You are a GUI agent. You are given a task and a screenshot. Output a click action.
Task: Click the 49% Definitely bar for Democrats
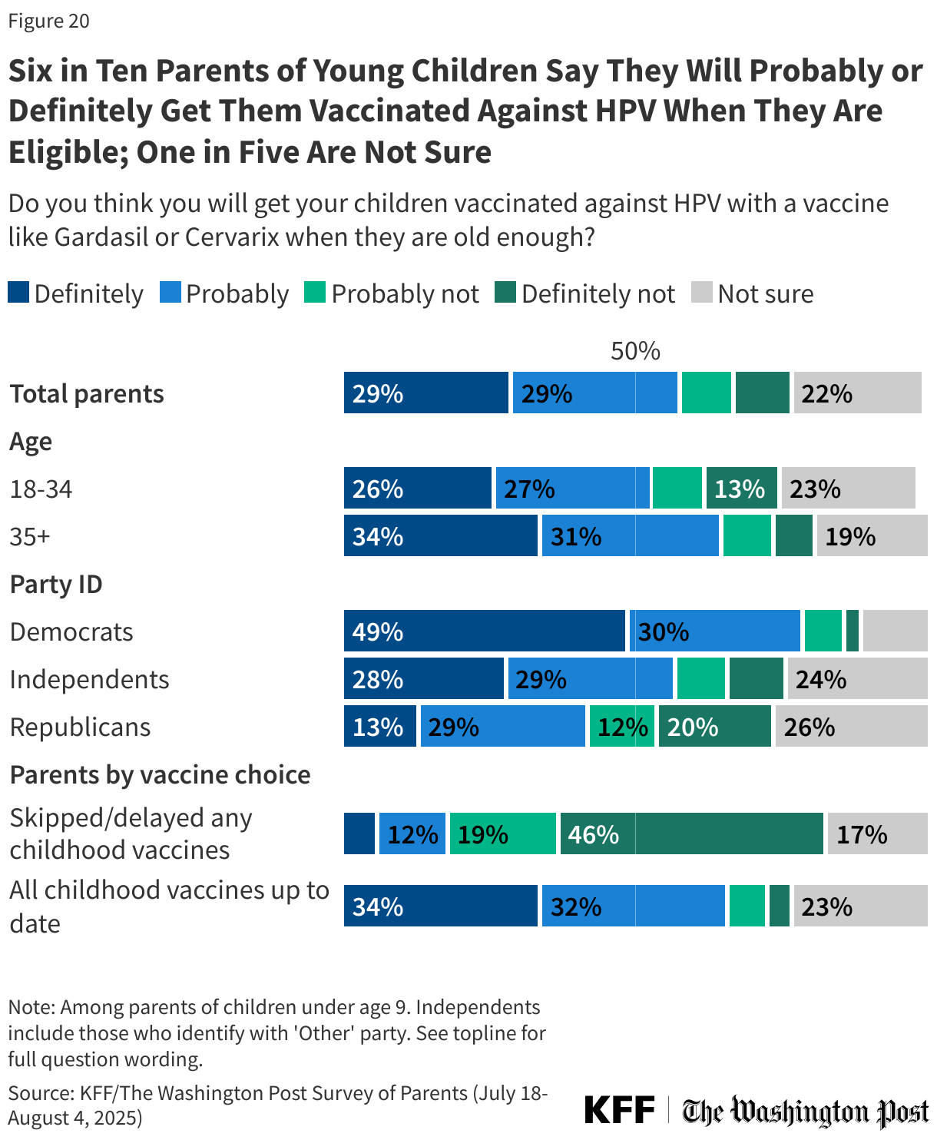[484, 631]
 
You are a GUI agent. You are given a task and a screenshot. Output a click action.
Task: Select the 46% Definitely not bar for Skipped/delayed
[691, 834]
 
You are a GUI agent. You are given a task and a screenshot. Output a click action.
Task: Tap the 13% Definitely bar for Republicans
[379, 727]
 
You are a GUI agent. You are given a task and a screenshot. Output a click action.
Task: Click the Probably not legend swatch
[315, 293]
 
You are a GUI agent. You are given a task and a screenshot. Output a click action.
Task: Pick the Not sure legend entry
[753, 293]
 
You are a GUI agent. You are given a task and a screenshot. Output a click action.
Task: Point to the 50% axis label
[635, 351]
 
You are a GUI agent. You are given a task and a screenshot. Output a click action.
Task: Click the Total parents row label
[87, 393]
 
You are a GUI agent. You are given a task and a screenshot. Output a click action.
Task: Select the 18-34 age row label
[41, 489]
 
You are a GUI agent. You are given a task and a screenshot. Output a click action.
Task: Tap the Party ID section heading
[56, 584]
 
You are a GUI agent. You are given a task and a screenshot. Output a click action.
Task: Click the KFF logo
[619, 1111]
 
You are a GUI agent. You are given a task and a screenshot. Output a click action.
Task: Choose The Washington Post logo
[806, 1111]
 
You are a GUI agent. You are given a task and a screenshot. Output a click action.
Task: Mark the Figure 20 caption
[49, 21]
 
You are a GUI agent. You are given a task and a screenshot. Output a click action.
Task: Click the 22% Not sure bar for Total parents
[857, 393]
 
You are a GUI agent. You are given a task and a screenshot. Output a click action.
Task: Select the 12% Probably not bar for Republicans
[621, 727]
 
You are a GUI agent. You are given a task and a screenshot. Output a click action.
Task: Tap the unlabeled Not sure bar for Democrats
[895, 631]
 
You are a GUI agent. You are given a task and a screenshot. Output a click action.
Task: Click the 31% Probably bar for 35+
[630, 536]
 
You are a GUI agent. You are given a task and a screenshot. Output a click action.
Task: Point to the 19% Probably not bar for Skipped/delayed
[502, 834]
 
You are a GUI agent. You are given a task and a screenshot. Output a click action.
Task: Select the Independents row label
[89, 679]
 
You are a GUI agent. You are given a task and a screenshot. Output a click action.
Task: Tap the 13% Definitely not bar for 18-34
[741, 489]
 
